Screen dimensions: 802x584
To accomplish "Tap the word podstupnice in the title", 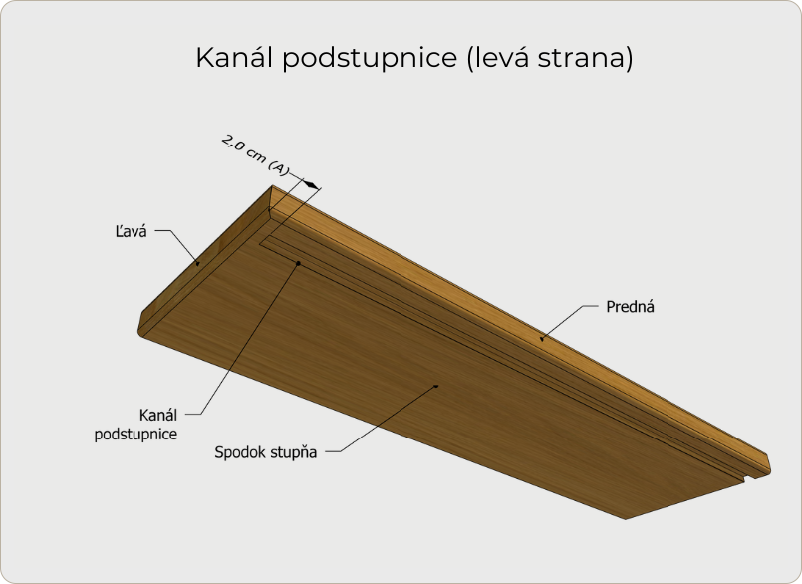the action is pos(370,59).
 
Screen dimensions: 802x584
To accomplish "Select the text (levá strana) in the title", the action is pos(550,58).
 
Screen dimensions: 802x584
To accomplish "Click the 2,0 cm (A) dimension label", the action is pos(255,155).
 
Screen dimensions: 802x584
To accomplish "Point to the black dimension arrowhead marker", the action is pos(310,184).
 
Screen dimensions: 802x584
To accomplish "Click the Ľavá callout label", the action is pos(131,231).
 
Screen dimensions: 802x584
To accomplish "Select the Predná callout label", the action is pos(630,307).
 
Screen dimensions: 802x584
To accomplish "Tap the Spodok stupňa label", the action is pos(265,452).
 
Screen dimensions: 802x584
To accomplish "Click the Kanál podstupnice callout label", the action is pos(136,425).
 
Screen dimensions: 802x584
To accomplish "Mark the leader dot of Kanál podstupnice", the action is pos(298,263).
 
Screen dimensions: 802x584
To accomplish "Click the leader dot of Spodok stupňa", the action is pos(436,386).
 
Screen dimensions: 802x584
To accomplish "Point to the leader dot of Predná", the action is pos(542,338).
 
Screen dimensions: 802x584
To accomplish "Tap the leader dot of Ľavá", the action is pos(198,263).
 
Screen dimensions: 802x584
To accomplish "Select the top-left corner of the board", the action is pos(273,186).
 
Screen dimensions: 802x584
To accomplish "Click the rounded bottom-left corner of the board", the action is pos(141,332).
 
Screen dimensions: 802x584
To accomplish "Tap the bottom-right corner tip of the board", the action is pos(626,519).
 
